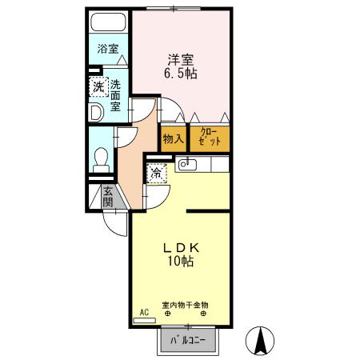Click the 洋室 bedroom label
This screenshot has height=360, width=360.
pos(182,58)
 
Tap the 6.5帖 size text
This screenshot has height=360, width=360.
pos(182,73)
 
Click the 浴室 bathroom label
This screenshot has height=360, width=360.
pos(107,49)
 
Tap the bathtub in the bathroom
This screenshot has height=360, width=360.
pos(106,23)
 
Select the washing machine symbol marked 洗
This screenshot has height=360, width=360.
pos(97,86)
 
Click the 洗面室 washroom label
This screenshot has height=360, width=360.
pos(116,95)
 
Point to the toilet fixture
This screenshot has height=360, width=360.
pos(102,158)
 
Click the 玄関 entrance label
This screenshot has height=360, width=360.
pos(106,198)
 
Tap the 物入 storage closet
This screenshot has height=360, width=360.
pos(173,138)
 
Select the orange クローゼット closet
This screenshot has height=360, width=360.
pos(210,138)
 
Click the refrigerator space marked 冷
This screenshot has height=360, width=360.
pos(157,173)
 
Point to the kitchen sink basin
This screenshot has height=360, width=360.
pos(186,165)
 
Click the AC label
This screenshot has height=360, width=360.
pos(144,312)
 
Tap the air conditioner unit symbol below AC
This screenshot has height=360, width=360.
pos(144,320)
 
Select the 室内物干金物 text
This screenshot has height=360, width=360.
pos(185,305)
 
